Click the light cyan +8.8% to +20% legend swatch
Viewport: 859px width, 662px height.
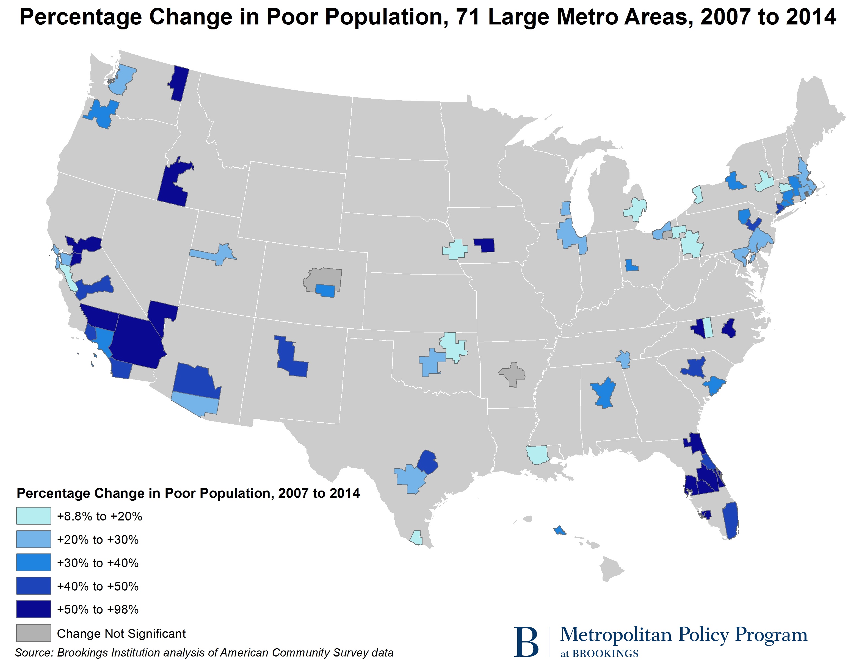pos(34,516)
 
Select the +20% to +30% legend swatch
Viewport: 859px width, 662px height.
pos(34,539)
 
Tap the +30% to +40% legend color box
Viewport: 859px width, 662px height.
pos(34,562)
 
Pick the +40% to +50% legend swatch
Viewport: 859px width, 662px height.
pos(34,586)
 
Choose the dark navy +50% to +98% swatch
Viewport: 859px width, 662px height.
pos(34,609)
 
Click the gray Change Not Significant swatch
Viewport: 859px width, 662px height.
pos(34,633)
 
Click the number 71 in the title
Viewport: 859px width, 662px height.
pos(468,17)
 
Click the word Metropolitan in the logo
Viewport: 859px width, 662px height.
pos(615,635)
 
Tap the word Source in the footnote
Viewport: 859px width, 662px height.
pos(34,653)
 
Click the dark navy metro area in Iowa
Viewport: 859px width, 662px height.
pos(485,245)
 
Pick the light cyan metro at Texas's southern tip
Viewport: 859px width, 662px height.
pos(416,538)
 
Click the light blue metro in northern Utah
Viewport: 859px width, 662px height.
pos(216,254)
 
